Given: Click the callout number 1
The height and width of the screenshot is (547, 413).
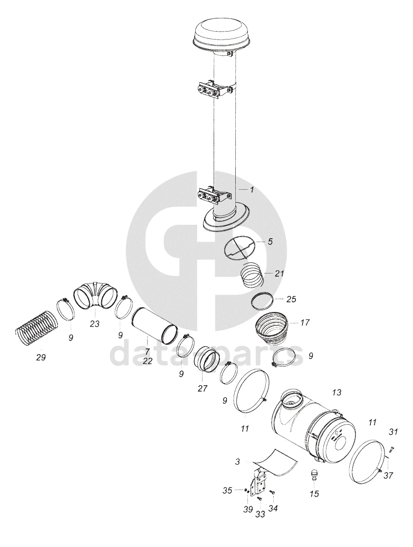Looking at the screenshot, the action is click(252, 190).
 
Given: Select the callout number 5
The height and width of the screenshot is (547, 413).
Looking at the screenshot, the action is click(270, 241).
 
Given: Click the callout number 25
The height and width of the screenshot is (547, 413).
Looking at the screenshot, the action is click(291, 299).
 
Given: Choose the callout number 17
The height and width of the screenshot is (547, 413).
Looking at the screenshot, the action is click(304, 323).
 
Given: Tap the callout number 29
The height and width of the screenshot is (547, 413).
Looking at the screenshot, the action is click(41, 358).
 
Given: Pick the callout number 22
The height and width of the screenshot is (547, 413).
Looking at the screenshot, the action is click(147, 360).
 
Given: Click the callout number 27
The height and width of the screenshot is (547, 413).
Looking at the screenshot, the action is click(203, 388).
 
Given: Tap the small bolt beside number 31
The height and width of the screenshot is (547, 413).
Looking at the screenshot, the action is click(391, 450).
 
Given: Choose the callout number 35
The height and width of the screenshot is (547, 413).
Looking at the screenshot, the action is click(227, 491).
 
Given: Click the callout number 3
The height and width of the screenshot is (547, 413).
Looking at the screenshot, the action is click(237, 462).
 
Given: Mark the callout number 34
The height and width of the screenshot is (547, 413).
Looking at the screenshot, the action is click(273, 509).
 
